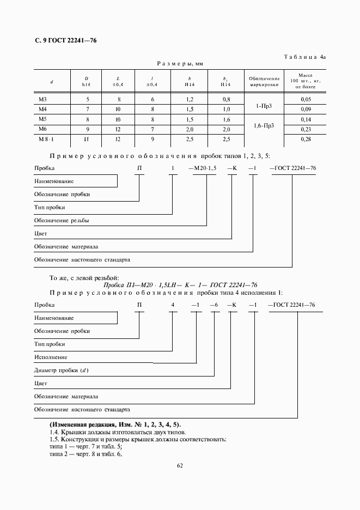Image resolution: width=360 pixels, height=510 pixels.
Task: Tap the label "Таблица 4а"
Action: [305, 57]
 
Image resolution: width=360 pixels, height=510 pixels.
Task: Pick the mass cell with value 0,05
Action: [306, 100]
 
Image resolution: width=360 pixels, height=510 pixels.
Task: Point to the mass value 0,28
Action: [306, 139]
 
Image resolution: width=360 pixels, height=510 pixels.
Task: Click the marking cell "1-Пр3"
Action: [264, 105]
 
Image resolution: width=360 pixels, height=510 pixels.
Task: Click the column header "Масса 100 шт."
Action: [306, 81]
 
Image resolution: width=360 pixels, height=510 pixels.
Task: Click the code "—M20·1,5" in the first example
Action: [202, 168]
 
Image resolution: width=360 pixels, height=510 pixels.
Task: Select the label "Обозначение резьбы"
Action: [62, 221]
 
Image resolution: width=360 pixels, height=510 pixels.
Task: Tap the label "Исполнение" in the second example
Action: [51, 357]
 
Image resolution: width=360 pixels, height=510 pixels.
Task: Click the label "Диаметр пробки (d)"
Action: [61, 371]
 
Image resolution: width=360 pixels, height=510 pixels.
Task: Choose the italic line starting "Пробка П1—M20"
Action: [180, 284]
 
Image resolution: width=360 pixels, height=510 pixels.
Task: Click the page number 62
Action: [180, 465]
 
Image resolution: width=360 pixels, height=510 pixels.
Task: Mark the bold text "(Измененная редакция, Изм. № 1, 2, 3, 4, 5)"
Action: [115, 424]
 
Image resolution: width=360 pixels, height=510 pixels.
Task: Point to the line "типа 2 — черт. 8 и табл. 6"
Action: [86, 454]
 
